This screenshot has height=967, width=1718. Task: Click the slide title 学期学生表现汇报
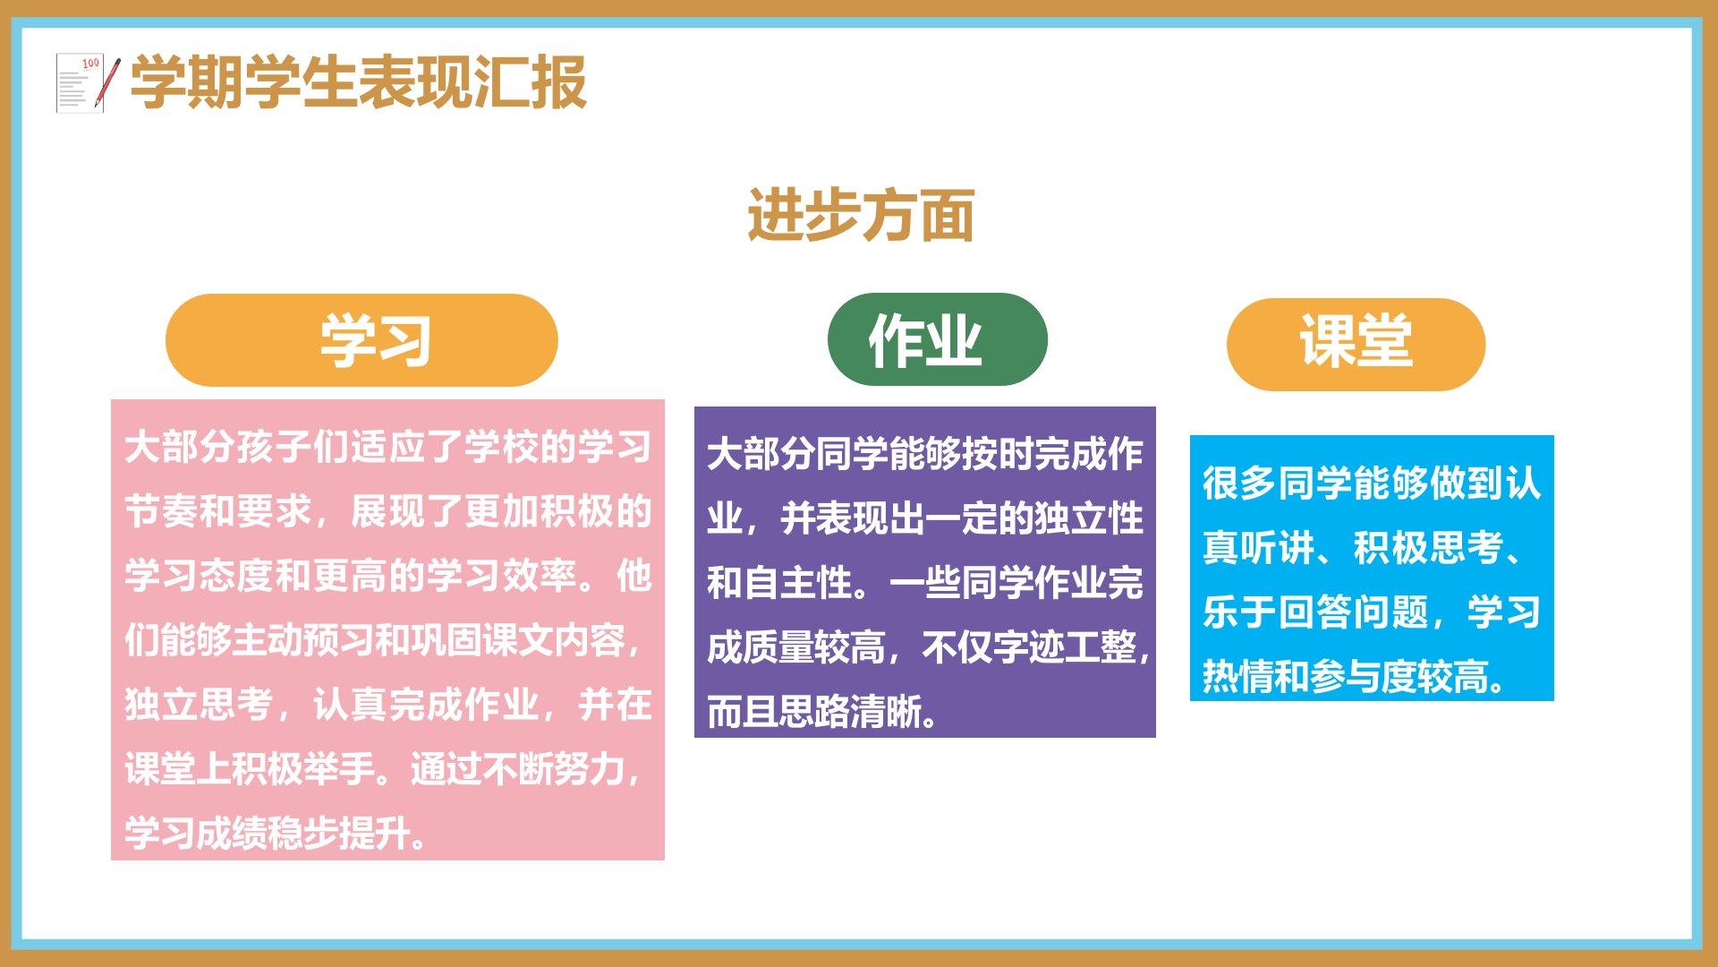coord(359,82)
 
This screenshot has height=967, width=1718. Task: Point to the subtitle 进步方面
coord(861,215)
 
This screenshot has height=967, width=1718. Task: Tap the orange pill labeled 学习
coord(361,340)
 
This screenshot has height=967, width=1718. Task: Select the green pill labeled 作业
coord(938,339)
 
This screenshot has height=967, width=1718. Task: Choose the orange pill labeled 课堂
coord(1356,344)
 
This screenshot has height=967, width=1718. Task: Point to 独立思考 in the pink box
coord(199,705)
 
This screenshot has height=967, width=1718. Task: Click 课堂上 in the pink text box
coord(177,769)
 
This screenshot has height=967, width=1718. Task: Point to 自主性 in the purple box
coord(797,583)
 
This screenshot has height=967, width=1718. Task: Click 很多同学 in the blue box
coord(1277,483)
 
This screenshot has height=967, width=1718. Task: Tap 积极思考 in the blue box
coord(1428,548)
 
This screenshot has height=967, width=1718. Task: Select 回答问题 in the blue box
coord(1353,612)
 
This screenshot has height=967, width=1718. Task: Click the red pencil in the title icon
coord(109,83)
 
